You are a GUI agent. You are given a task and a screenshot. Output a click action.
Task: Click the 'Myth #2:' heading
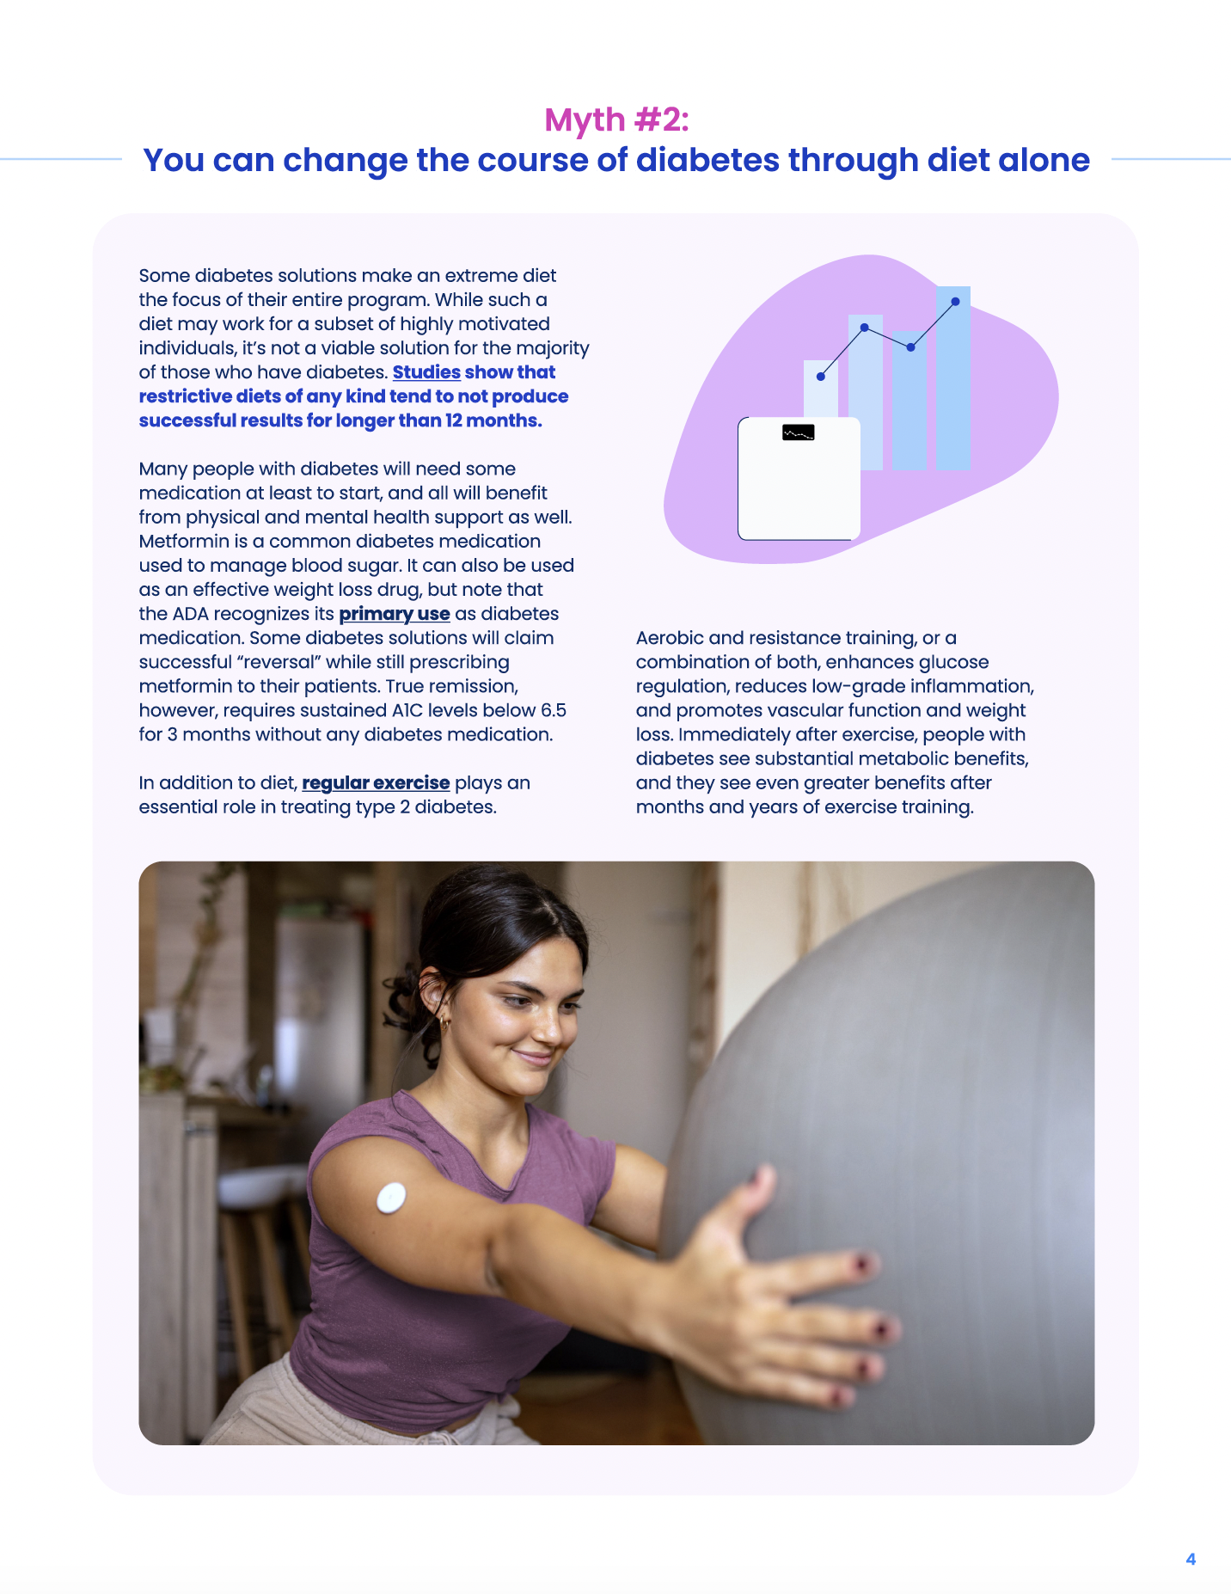[x=616, y=120]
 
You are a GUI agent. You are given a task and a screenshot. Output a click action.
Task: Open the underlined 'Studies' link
[x=426, y=372]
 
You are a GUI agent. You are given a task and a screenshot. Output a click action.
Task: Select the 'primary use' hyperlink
[x=395, y=614]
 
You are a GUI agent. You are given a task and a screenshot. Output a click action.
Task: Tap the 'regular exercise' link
[x=376, y=783]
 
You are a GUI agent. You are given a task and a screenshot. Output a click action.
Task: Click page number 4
[x=1191, y=1559]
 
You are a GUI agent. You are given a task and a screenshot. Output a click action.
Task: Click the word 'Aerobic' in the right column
[x=670, y=638]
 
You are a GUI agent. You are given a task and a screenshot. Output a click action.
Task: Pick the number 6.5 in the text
[x=554, y=710]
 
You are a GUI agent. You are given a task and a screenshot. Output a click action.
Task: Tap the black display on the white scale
[x=799, y=432]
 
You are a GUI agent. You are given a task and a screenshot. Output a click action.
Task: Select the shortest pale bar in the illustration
[x=820, y=391]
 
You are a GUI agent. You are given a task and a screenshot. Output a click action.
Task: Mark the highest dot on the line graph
[x=955, y=302]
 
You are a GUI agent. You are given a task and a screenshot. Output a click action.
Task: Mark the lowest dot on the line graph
[x=821, y=377]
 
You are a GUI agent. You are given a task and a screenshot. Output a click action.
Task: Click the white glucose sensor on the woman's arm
[x=391, y=1197]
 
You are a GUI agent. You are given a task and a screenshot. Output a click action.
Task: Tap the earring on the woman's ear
[x=444, y=1022]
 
